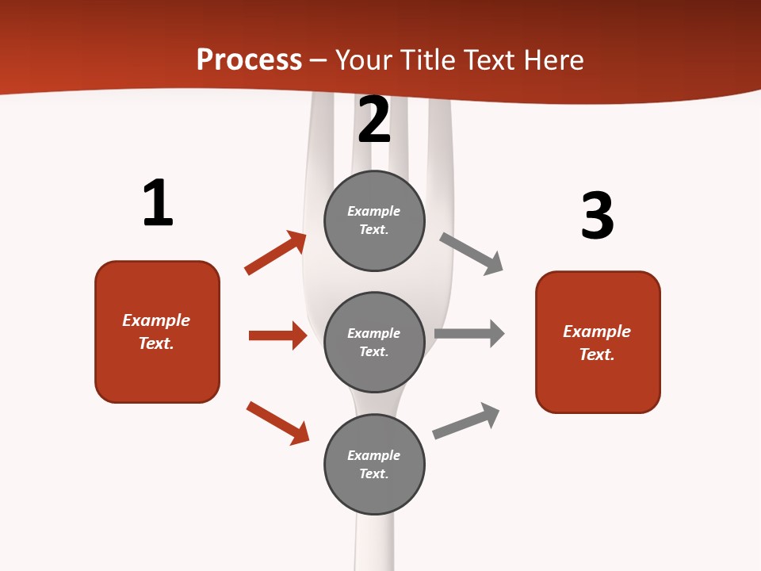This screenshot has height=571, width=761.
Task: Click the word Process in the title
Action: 249,60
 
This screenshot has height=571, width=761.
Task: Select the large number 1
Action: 157,203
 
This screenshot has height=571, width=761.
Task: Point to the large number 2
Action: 374,120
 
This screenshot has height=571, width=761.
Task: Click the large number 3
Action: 598,216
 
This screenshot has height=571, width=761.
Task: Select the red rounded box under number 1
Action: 157,331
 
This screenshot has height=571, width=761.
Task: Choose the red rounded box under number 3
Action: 598,343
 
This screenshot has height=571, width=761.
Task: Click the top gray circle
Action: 374,220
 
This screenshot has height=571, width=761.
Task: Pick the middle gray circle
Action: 374,343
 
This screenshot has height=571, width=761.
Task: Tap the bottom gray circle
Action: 374,465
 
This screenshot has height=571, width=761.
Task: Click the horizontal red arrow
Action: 277,335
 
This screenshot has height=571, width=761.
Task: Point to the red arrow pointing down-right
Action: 277,423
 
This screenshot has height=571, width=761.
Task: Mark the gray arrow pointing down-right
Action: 472,254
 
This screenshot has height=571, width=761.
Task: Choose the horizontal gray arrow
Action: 469,334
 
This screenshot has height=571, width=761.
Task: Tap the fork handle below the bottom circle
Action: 374,543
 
